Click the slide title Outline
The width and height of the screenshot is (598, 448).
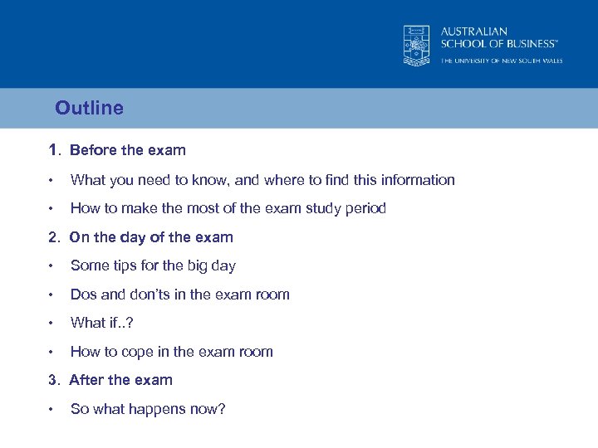click(x=89, y=108)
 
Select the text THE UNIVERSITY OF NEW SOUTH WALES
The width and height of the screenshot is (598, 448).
click(x=501, y=61)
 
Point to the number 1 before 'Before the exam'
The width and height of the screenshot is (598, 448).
click(x=52, y=150)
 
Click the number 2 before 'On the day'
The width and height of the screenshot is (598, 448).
click(x=53, y=237)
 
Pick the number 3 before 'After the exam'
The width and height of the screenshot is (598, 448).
click(x=53, y=380)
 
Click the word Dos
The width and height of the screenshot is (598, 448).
click(x=84, y=295)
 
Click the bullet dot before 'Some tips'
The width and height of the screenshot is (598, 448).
click(x=51, y=266)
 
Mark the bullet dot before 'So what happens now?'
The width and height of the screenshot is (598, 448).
click(x=51, y=409)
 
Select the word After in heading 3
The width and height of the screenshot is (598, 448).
click(x=87, y=380)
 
